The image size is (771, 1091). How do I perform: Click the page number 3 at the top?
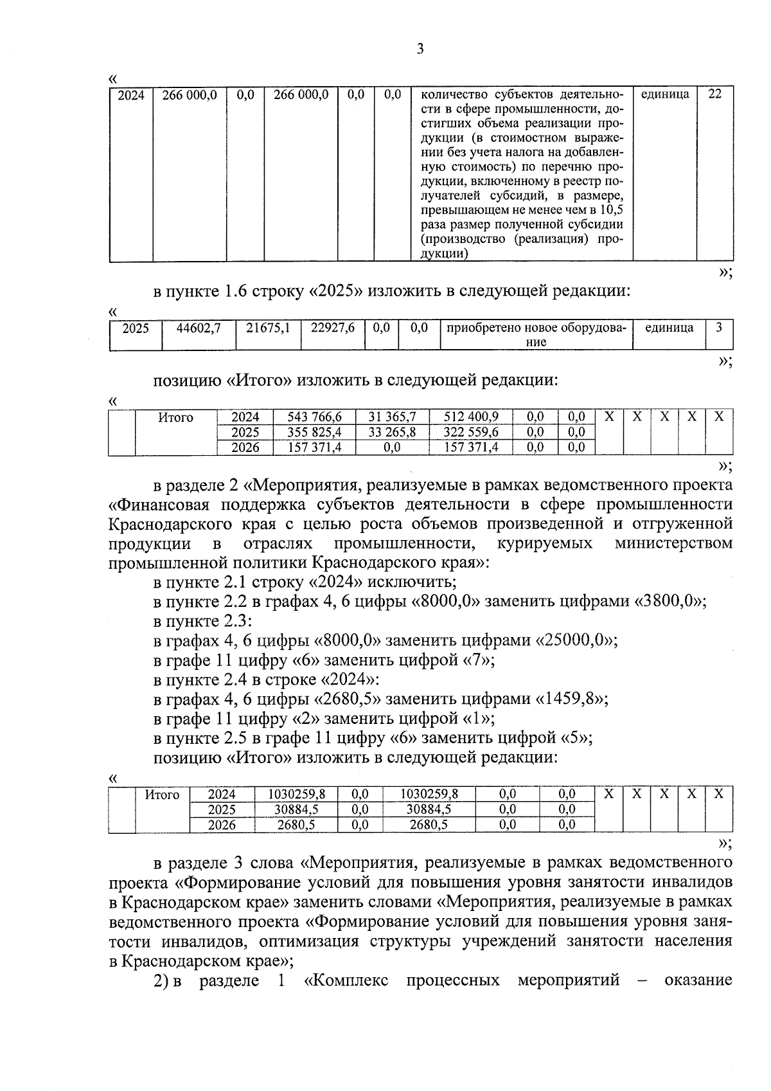click(x=420, y=50)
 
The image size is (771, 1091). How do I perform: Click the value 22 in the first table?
click(x=714, y=95)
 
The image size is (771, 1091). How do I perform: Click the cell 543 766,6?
click(x=314, y=417)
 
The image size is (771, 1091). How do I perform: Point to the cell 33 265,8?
click(x=392, y=432)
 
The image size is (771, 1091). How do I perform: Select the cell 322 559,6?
click(x=471, y=432)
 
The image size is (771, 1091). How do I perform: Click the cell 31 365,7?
click(x=392, y=417)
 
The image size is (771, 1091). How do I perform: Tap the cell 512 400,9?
click(x=471, y=417)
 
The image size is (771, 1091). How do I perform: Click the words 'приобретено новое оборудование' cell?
click(x=535, y=334)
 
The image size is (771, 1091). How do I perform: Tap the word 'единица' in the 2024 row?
click(x=665, y=95)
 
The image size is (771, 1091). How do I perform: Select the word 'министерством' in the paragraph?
click(x=673, y=543)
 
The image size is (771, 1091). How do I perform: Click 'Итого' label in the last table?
click(x=162, y=795)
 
